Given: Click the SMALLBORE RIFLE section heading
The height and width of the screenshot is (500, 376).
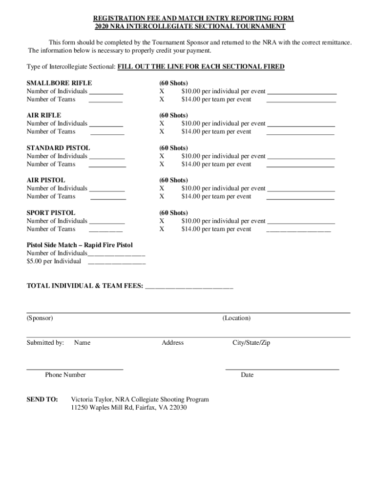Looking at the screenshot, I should pyautogui.click(x=59, y=83).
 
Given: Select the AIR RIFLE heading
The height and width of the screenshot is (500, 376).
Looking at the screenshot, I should pyautogui.click(x=44, y=115).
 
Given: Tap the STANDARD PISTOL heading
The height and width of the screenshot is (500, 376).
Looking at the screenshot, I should pyautogui.click(x=58, y=148).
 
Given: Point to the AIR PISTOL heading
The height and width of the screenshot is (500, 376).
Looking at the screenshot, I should pyautogui.click(x=46, y=180).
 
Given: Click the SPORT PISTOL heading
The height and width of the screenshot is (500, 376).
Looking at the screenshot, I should pyautogui.click(x=51, y=213).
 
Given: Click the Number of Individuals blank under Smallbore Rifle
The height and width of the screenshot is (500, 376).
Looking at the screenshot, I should pyautogui.click(x=106, y=91).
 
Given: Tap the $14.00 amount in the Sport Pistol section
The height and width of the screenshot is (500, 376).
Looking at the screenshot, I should pyautogui.click(x=190, y=229).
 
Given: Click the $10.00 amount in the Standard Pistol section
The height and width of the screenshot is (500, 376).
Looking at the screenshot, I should pyautogui.click(x=190, y=156).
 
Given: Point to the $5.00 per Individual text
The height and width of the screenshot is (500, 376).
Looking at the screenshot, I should pyautogui.click(x=54, y=261).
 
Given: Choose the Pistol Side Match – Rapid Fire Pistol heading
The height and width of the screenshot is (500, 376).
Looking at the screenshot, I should pyautogui.click(x=80, y=245).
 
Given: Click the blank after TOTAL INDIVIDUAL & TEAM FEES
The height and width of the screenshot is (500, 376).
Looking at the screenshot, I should pyautogui.click(x=189, y=286).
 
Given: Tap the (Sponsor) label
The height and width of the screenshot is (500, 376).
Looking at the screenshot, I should pyautogui.click(x=40, y=318).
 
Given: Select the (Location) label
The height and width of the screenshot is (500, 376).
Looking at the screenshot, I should pyautogui.click(x=236, y=318).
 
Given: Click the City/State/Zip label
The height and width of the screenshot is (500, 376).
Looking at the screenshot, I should pyautogui.click(x=251, y=343).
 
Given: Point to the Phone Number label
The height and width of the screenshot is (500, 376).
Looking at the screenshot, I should pyautogui.click(x=65, y=375).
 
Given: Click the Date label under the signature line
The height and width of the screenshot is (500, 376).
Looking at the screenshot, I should pyautogui.click(x=247, y=375).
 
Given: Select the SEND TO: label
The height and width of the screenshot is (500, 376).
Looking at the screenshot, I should pyautogui.click(x=42, y=399).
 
